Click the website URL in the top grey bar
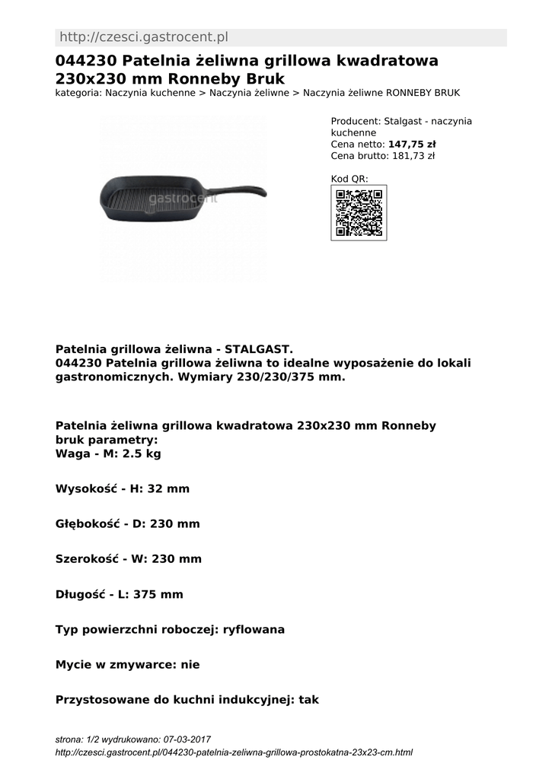pyautogui.click(x=144, y=37)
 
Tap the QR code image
pyautogui.click(x=359, y=213)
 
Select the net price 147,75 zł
pyautogui.click(x=412, y=145)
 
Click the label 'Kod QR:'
pyautogui.click(x=349, y=179)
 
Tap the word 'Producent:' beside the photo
pyautogui.click(x=356, y=121)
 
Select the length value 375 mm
pyautogui.click(x=158, y=594)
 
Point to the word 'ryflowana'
pyautogui.click(x=254, y=629)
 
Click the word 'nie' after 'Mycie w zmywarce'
pyautogui.click(x=190, y=664)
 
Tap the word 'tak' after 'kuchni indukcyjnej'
pyautogui.click(x=308, y=699)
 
